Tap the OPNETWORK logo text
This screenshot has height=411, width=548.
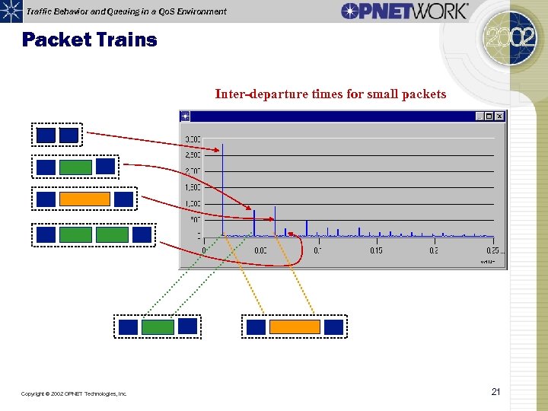(x=404, y=11)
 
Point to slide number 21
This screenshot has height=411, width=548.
(x=495, y=392)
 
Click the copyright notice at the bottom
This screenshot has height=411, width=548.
(x=75, y=393)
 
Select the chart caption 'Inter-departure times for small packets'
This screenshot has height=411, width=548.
(x=330, y=94)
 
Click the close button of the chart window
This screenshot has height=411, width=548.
(x=499, y=116)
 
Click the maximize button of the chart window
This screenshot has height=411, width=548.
(x=489, y=116)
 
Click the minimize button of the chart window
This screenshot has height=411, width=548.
(x=479, y=116)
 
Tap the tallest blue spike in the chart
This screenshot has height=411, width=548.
(x=222, y=190)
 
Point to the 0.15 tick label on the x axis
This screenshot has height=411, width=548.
(x=376, y=250)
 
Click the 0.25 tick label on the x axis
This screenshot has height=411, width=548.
(x=492, y=250)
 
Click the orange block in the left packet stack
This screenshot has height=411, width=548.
(x=84, y=199)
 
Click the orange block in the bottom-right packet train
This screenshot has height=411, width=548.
(x=295, y=327)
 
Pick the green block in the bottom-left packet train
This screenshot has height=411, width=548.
(x=158, y=327)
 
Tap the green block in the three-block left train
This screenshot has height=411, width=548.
(x=75, y=167)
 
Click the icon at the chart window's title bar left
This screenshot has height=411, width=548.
(x=185, y=116)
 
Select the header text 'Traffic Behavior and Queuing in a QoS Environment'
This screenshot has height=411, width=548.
(x=126, y=11)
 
